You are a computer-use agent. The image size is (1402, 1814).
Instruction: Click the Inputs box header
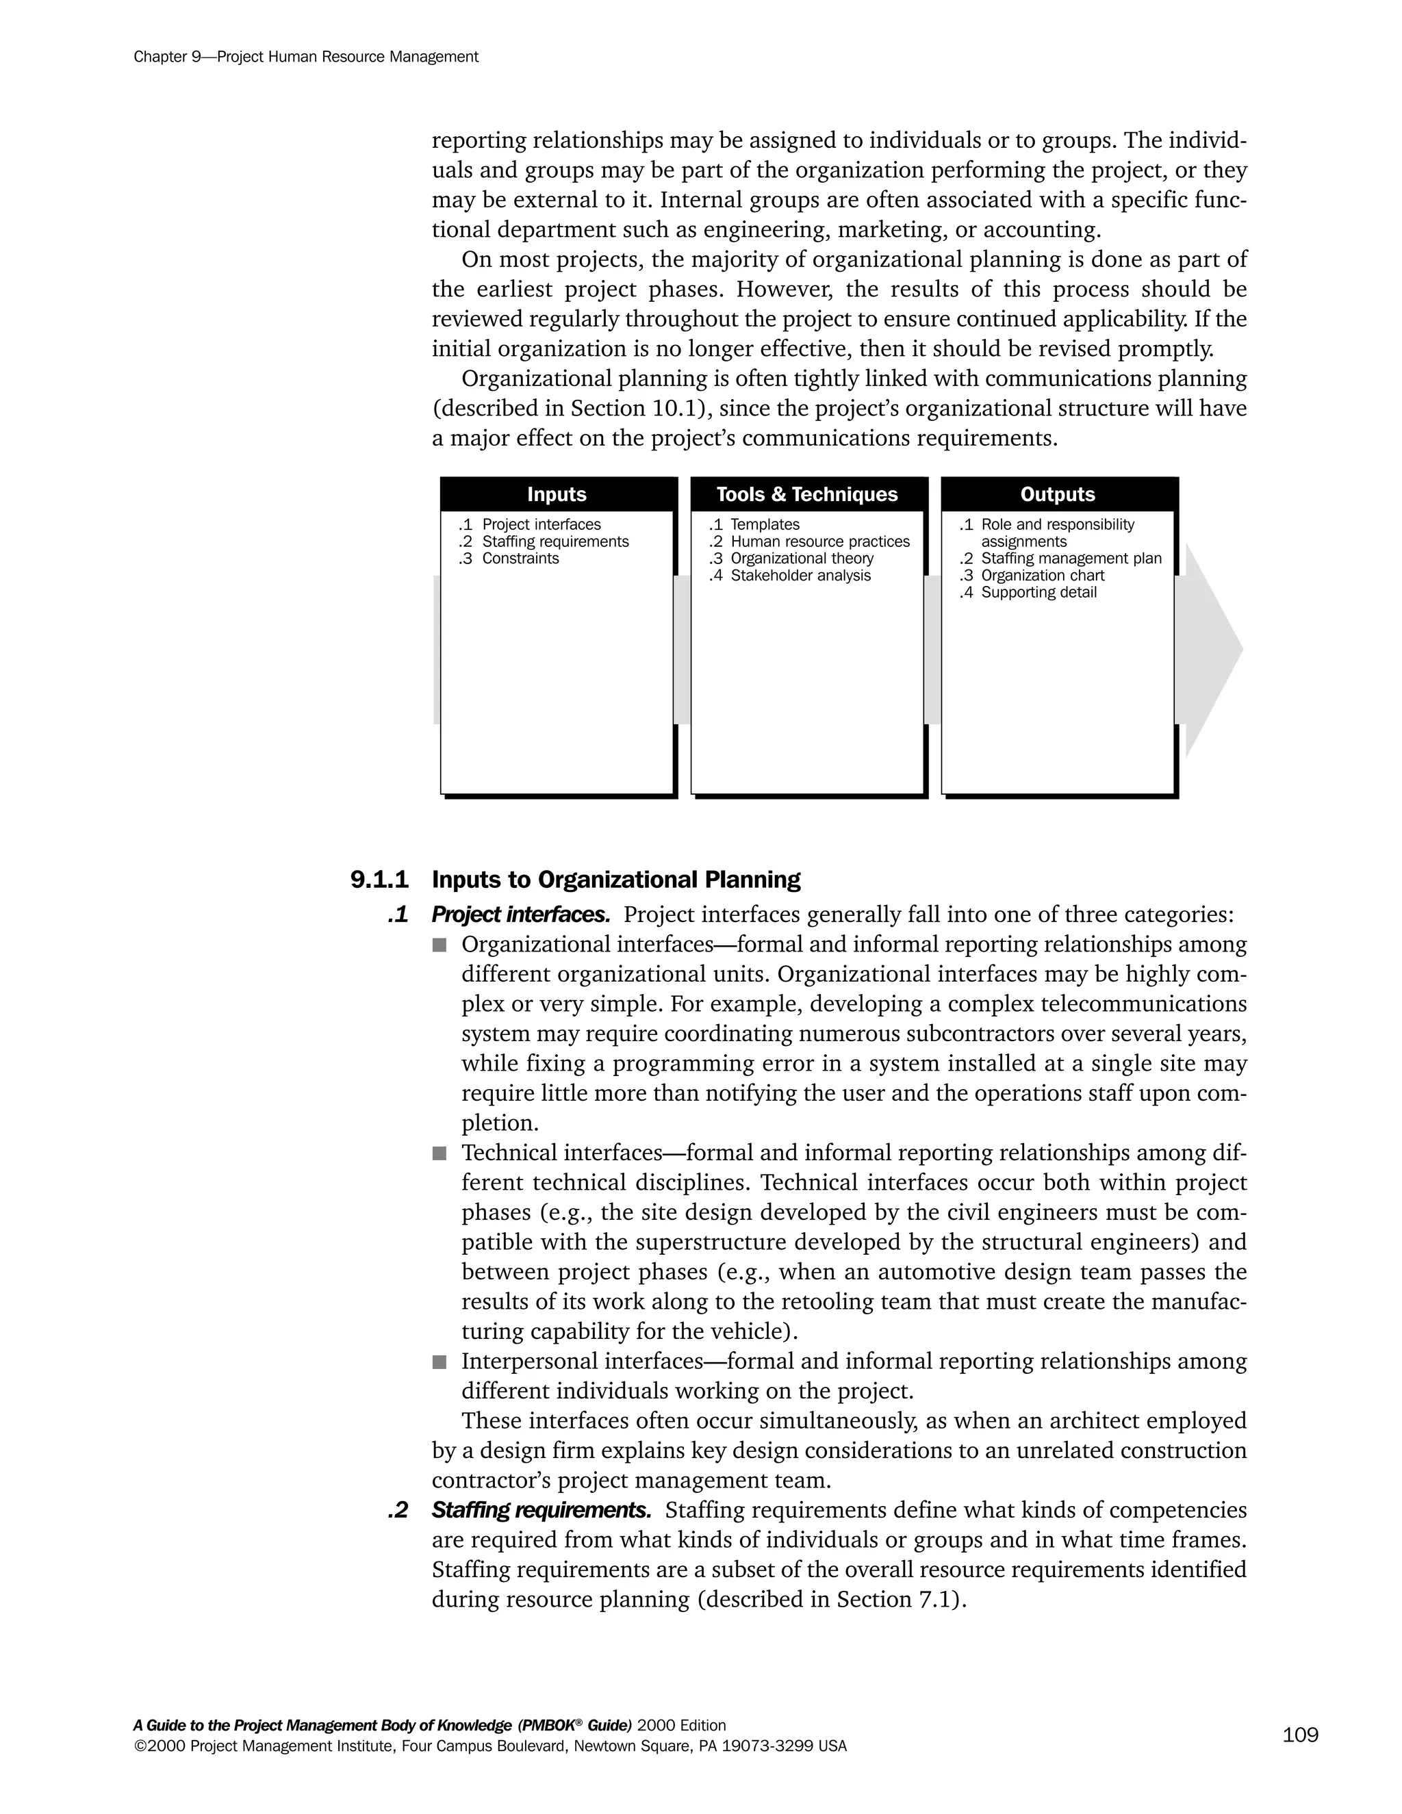(x=557, y=494)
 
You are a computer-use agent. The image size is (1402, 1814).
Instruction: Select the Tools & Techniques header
(x=806, y=494)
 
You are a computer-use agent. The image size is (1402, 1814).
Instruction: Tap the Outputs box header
(x=1057, y=494)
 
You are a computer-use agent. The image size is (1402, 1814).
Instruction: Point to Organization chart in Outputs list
(x=1043, y=576)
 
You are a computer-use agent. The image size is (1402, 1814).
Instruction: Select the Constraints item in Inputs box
(x=520, y=558)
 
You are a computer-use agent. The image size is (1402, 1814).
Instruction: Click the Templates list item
(x=764, y=524)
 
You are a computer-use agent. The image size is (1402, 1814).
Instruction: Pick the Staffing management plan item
(x=1071, y=558)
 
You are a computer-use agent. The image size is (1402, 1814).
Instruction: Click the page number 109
(x=1300, y=1735)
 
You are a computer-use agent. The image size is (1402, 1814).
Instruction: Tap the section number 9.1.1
(x=379, y=880)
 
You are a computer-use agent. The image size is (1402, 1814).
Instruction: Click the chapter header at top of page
(x=305, y=58)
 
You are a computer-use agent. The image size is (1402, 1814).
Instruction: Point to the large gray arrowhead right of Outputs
(x=1212, y=650)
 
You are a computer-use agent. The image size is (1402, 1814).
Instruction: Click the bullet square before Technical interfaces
(x=439, y=1153)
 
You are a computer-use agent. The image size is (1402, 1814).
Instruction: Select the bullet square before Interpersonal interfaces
(x=439, y=1362)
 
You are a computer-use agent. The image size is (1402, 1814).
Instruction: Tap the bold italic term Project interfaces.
(x=521, y=915)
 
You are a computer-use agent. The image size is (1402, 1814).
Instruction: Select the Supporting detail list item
(x=1038, y=592)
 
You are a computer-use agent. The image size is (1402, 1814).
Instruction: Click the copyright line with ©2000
(x=490, y=1746)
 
